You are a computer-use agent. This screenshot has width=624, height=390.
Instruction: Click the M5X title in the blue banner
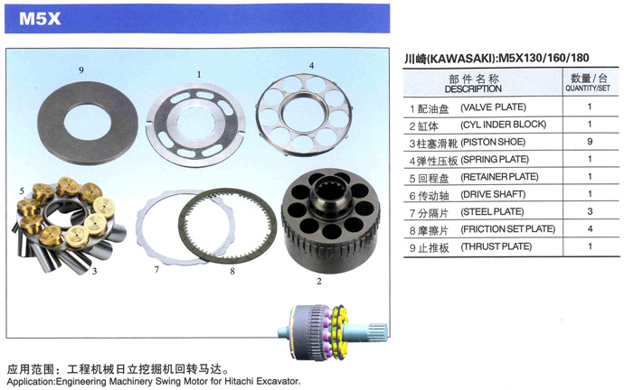click(x=40, y=18)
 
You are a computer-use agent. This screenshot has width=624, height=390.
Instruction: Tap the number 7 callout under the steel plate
click(x=156, y=270)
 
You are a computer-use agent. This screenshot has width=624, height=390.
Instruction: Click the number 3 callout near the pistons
click(x=94, y=272)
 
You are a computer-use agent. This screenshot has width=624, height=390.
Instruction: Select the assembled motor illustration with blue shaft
click(x=332, y=332)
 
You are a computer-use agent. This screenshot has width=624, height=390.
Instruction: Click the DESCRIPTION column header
click(x=473, y=89)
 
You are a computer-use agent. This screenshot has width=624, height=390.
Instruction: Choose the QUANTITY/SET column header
click(x=588, y=88)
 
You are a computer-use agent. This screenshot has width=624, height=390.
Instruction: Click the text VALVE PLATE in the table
click(x=494, y=107)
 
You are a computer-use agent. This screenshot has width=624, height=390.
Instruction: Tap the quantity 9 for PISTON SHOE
click(x=590, y=142)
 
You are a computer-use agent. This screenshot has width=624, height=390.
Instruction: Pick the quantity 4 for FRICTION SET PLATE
click(x=591, y=229)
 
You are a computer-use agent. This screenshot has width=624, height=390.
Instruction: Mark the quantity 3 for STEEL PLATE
click(x=591, y=211)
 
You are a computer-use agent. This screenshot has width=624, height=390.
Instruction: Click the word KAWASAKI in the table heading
click(x=461, y=59)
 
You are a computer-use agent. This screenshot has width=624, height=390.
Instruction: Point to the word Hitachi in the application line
click(x=239, y=381)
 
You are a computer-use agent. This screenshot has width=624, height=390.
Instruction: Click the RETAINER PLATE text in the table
click(x=499, y=177)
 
